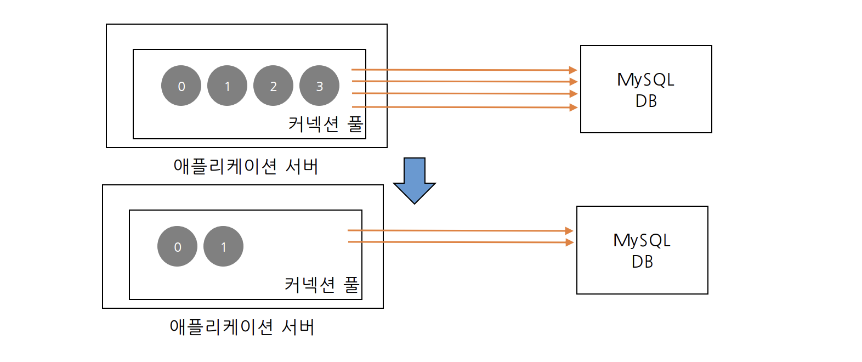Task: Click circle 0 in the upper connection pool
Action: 181,86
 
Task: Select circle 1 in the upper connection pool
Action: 227,86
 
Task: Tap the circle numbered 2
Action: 273,86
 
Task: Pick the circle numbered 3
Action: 319,86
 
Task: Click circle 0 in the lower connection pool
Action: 177,246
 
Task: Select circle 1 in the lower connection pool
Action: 223,246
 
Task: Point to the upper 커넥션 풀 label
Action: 326,124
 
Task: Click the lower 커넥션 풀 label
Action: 322,285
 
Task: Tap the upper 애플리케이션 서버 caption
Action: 246,166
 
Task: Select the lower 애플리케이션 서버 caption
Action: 242,327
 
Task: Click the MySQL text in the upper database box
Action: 645,80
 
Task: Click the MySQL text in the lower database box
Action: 642,241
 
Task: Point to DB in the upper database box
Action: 646,101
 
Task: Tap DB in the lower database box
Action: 642,262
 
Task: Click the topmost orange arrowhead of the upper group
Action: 573,70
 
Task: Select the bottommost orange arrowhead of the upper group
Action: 574,108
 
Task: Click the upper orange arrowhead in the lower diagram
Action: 569,231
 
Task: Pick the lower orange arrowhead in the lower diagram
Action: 570,242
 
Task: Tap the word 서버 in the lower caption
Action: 298,327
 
